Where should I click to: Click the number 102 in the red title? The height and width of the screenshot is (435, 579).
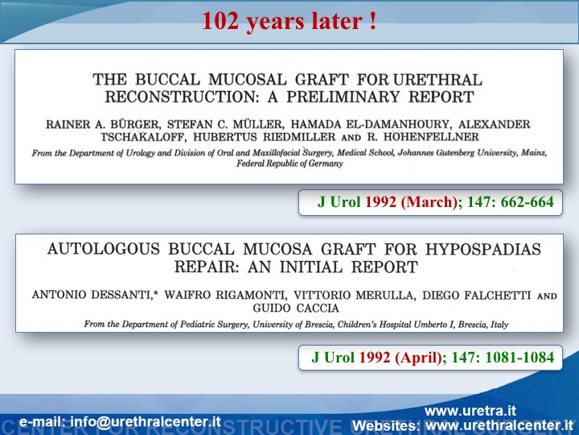point(220,21)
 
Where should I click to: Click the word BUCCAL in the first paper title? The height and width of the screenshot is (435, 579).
point(167,80)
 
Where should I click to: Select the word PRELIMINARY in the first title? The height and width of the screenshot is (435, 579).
point(343,97)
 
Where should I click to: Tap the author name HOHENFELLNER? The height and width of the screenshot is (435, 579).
point(431,137)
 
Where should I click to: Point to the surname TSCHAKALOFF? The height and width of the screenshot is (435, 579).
point(142,137)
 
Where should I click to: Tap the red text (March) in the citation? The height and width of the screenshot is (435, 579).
point(429,202)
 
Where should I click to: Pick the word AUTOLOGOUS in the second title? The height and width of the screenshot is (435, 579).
point(104,249)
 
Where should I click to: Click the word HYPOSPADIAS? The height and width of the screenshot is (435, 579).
point(483,249)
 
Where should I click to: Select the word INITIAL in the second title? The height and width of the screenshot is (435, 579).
point(311,267)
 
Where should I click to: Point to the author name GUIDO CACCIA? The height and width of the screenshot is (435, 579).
point(296,308)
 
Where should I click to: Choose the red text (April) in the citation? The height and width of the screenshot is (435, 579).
point(418,358)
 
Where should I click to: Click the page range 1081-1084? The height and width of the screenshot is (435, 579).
point(519,358)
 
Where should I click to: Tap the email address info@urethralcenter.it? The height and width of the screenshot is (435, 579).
point(146,422)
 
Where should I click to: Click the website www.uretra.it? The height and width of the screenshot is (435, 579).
point(470,411)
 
